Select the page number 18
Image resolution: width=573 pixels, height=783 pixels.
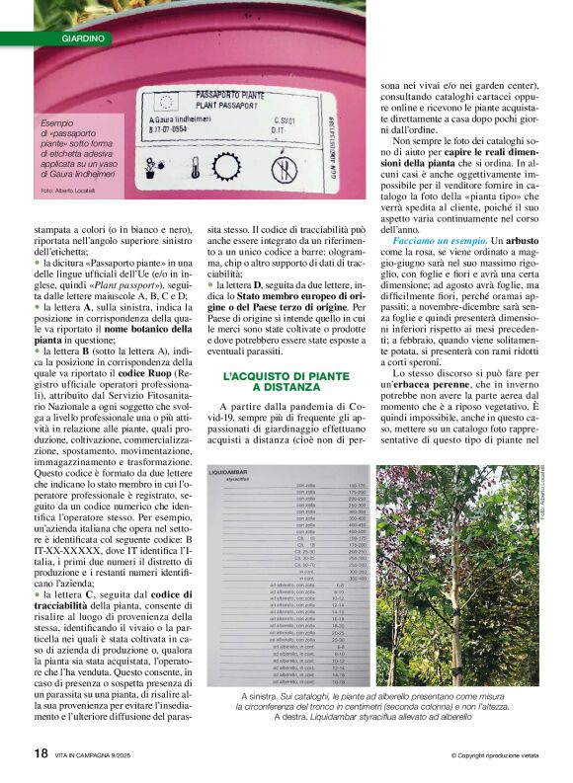41,753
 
